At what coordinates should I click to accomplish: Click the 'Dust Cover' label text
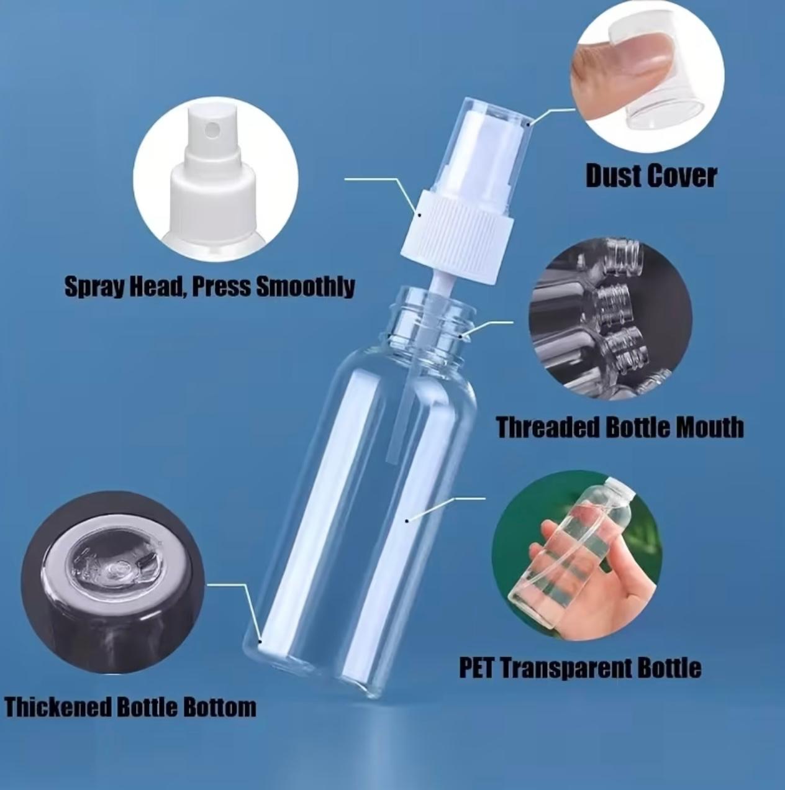(651, 176)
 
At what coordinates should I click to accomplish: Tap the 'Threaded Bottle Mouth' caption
(620, 427)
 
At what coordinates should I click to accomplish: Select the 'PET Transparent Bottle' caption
(580, 668)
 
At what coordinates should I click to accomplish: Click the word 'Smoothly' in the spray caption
(305, 286)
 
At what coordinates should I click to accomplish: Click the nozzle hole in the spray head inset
(212, 130)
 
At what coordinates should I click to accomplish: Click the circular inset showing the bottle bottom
(112, 582)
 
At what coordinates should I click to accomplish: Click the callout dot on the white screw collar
(420, 214)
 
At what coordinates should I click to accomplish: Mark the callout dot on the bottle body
(407, 520)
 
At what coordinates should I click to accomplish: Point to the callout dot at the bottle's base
(260, 651)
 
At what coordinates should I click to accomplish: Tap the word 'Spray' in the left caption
(94, 287)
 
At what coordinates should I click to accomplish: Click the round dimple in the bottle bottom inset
(117, 568)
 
